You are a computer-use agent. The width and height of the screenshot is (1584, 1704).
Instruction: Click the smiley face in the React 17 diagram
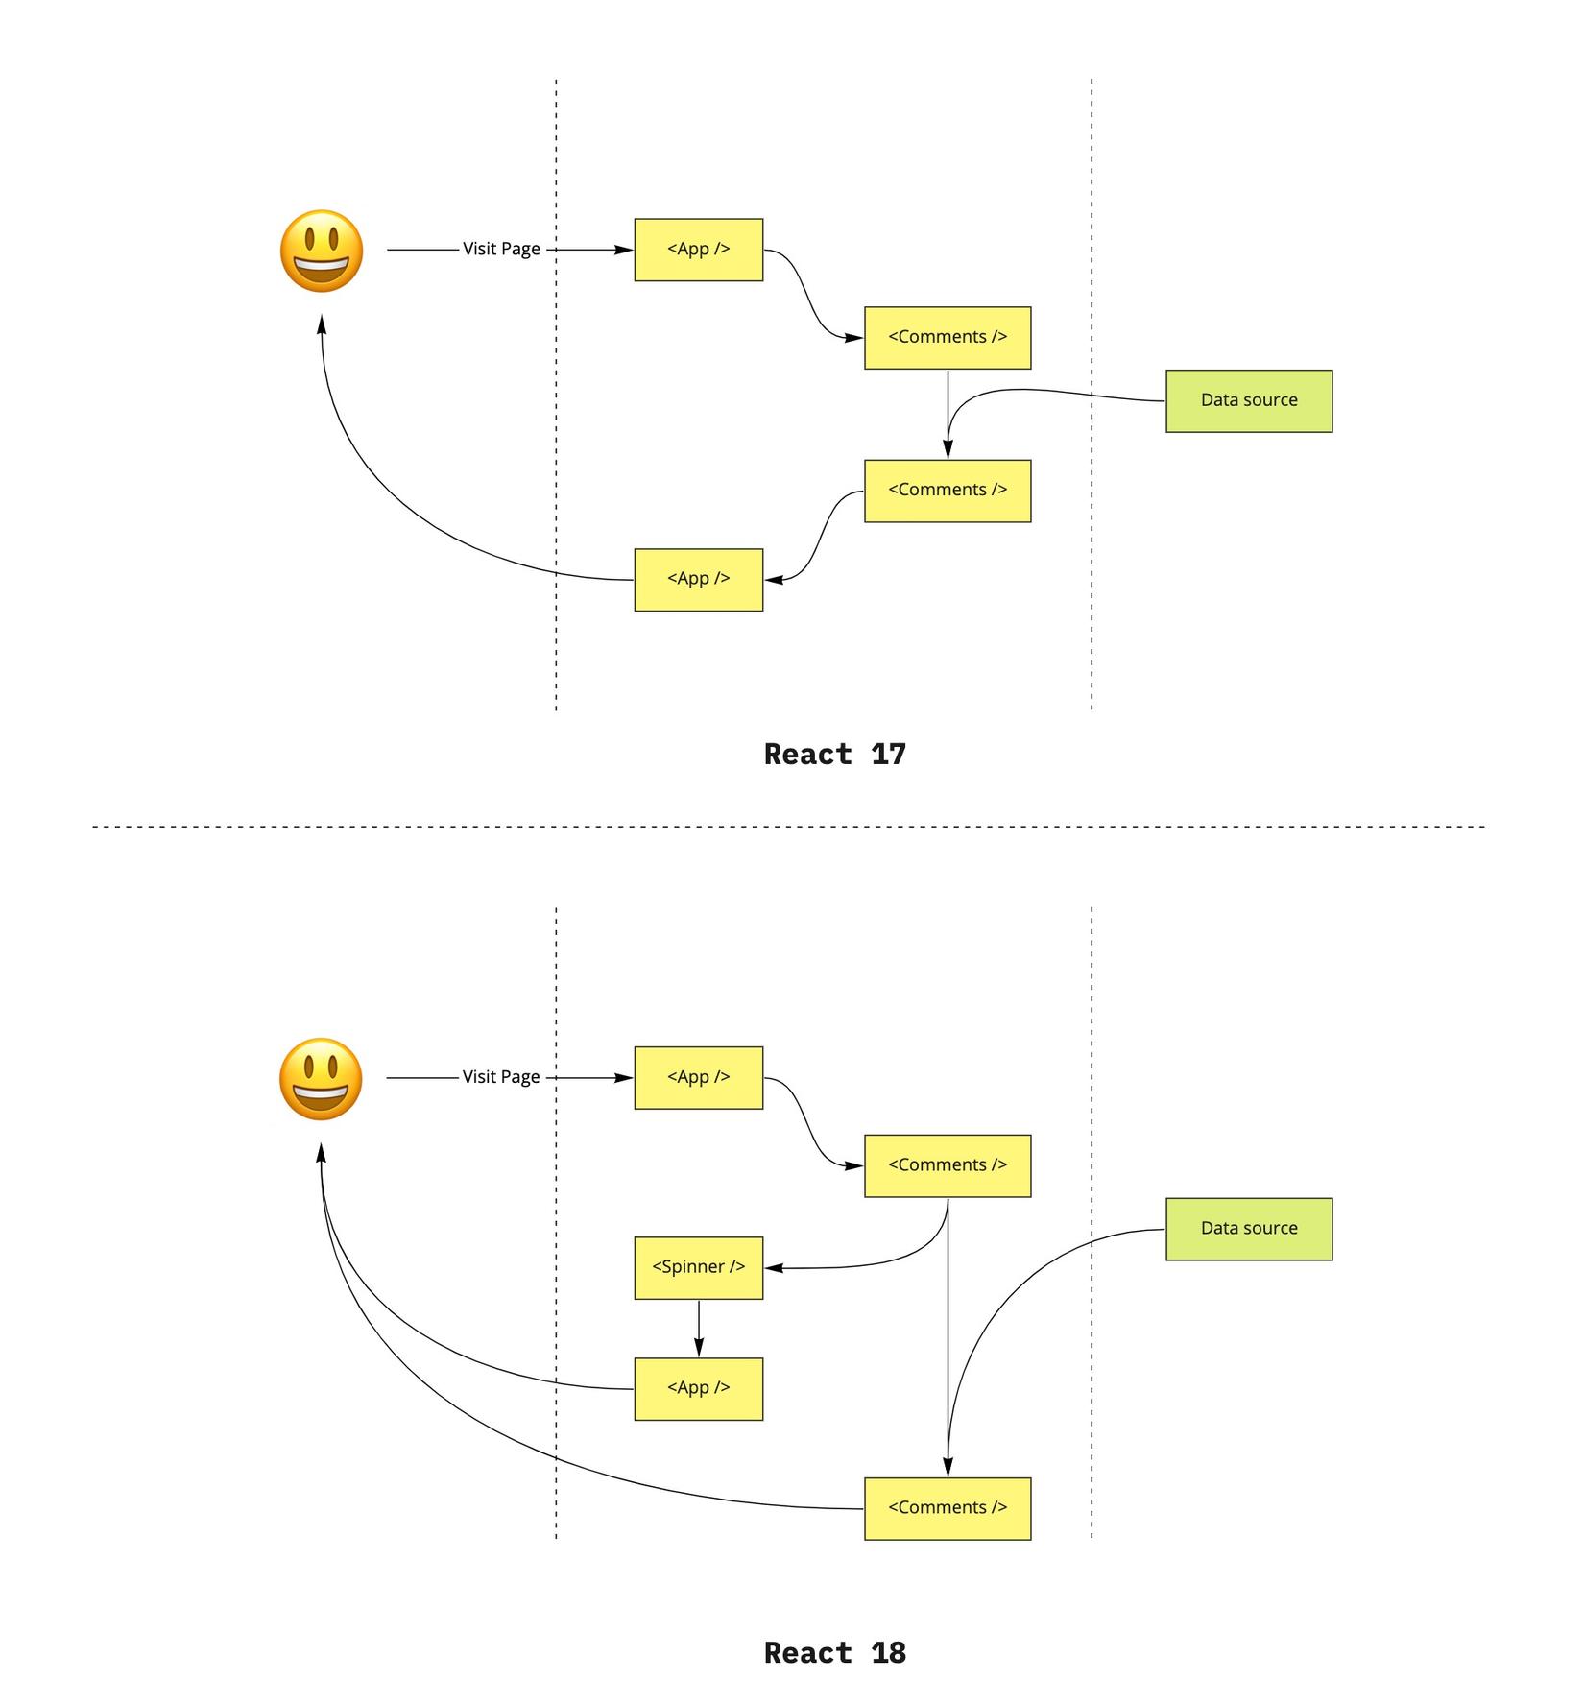pos(322,251)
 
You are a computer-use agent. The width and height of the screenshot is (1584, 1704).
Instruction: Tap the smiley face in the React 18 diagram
pos(321,1078)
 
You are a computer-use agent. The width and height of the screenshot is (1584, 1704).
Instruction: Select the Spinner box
pos(698,1267)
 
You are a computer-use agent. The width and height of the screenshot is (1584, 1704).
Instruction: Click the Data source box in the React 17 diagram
pos(1248,400)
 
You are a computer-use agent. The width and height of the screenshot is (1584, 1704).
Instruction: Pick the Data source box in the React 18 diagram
pos(1248,1228)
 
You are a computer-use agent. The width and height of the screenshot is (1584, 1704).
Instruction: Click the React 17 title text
pos(834,754)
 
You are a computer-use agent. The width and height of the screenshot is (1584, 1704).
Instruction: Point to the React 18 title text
pos(834,1652)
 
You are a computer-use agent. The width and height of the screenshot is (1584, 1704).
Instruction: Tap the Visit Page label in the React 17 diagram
pos(501,249)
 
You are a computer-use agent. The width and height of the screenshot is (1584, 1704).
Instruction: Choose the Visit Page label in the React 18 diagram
pos(501,1077)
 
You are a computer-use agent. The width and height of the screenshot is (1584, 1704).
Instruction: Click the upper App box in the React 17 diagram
pos(698,250)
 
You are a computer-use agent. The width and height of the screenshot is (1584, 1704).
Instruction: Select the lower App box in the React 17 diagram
pos(698,579)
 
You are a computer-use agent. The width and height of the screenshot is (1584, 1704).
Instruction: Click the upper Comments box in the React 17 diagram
pos(947,337)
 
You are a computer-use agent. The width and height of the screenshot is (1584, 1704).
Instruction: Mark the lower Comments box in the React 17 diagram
pos(947,491)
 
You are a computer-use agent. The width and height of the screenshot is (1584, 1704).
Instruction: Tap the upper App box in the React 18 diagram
pos(698,1077)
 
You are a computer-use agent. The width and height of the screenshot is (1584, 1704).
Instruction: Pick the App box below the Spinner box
pos(698,1388)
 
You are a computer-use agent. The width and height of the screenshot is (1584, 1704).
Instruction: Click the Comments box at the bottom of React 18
pos(947,1508)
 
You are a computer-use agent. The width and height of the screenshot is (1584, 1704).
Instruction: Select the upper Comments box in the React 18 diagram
pos(947,1165)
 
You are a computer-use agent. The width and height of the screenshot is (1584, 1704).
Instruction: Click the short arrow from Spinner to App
pos(698,1328)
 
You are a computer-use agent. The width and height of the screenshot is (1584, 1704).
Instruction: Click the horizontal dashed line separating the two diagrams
pos(787,826)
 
